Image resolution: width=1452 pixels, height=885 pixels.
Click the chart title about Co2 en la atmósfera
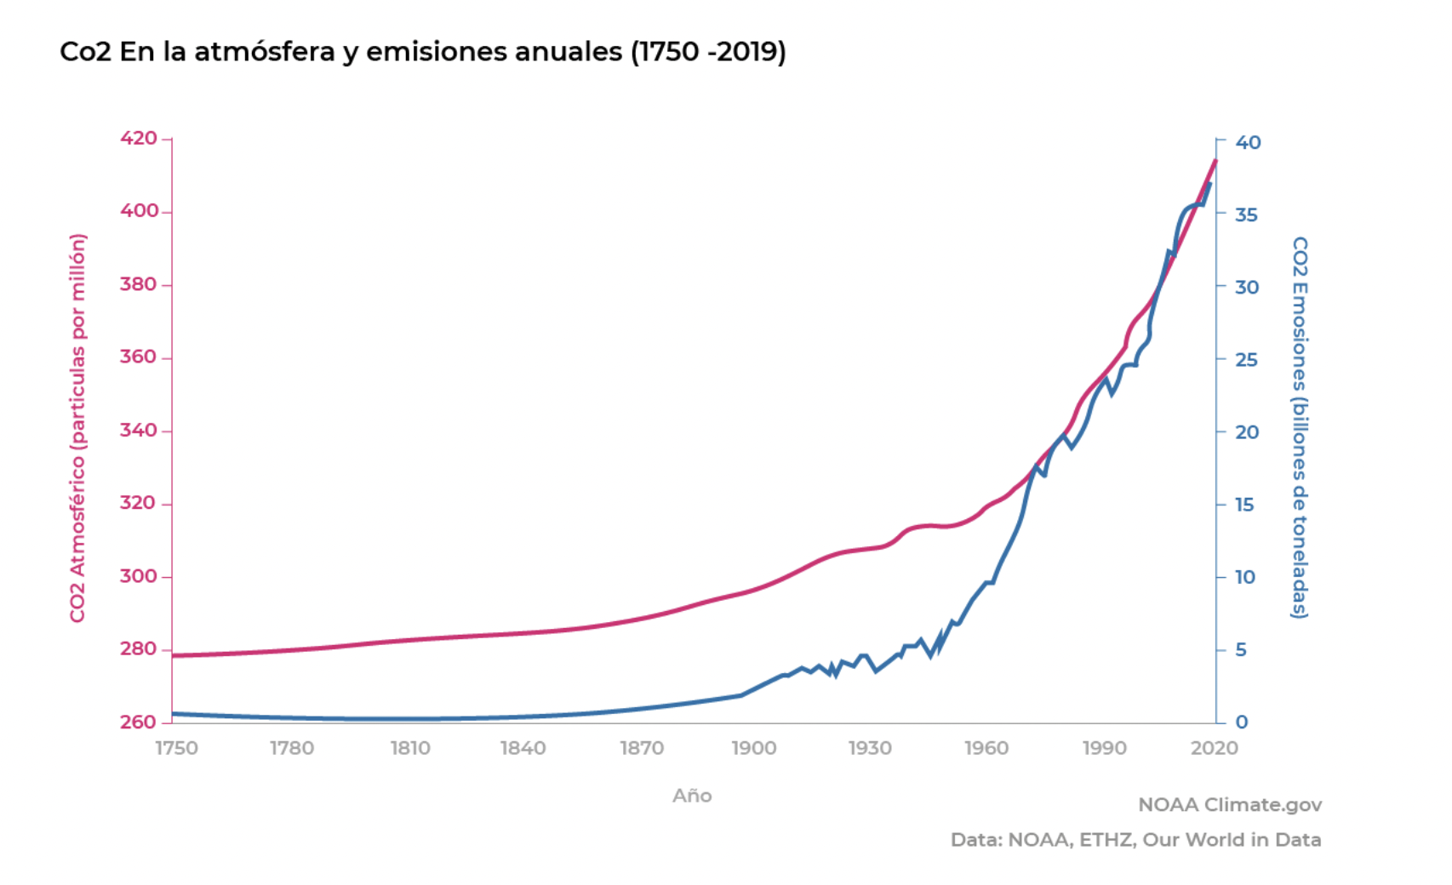click(x=422, y=52)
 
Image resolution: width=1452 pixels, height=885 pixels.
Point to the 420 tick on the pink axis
click(x=139, y=138)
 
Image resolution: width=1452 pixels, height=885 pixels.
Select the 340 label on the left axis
click(x=139, y=430)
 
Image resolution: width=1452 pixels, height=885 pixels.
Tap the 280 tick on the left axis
click(x=139, y=648)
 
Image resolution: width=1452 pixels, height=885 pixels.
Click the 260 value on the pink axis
click(x=139, y=722)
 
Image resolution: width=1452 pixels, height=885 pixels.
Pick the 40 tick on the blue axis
click(x=1248, y=142)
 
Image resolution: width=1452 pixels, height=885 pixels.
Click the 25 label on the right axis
click(x=1247, y=359)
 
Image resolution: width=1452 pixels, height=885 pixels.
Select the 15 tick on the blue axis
click(x=1245, y=505)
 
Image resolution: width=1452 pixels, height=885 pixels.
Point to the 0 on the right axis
click(x=1242, y=722)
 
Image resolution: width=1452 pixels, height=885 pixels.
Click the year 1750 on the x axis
click(x=176, y=748)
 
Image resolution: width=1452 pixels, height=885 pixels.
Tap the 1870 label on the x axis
click(x=641, y=748)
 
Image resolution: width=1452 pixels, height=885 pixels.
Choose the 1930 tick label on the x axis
click(x=870, y=748)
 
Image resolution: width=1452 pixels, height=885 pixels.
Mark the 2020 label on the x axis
click(x=1215, y=748)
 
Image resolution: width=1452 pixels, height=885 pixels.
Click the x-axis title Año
click(x=692, y=796)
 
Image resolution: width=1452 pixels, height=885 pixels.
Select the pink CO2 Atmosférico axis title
click(x=77, y=428)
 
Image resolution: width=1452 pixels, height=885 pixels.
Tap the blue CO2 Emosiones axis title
click(x=1300, y=427)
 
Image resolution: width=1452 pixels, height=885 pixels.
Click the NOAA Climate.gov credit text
click(x=1230, y=804)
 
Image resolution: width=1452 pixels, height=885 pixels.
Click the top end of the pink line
click(x=1215, y=161)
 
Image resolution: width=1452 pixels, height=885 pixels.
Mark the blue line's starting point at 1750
click(x=173, y=714)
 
